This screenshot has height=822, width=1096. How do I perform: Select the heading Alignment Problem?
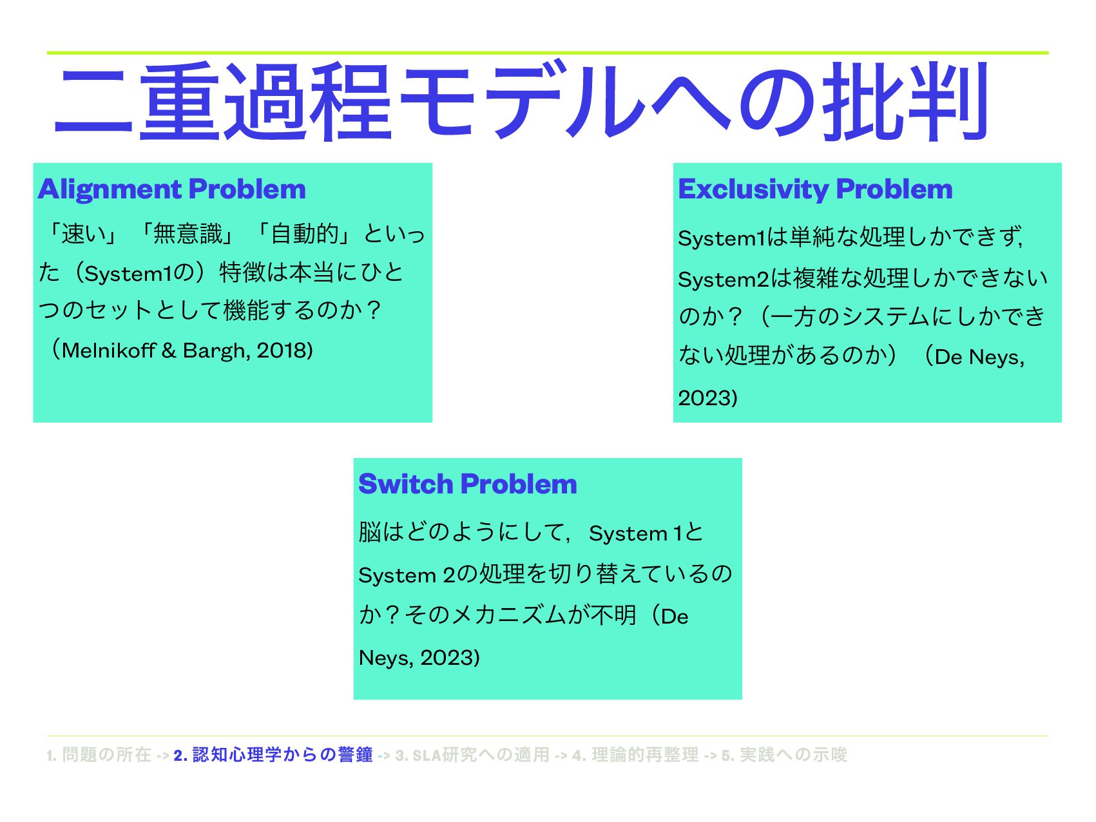click(171, 189)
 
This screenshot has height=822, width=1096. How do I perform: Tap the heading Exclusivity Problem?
click(815, 189)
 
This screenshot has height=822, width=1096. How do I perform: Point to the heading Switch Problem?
click(467, 484)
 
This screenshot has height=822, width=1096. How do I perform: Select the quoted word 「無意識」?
click(187, 233)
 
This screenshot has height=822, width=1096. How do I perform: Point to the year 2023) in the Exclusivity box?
click(707, 397)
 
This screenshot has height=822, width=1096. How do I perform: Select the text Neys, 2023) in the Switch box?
click(419, 658)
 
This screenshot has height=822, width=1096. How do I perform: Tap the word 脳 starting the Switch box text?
click(370, 533)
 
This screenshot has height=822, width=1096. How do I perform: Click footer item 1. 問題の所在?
click(99, 755)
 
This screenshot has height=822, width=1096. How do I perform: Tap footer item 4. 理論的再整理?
click(635, 755)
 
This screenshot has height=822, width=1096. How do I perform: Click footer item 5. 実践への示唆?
click(784, 755)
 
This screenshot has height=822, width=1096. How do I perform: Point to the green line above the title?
click(548, 53)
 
